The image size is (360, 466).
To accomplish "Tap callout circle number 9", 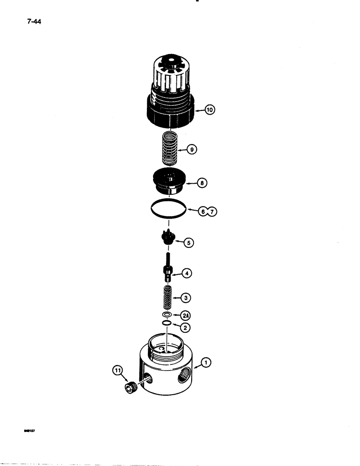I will coord(192,150).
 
